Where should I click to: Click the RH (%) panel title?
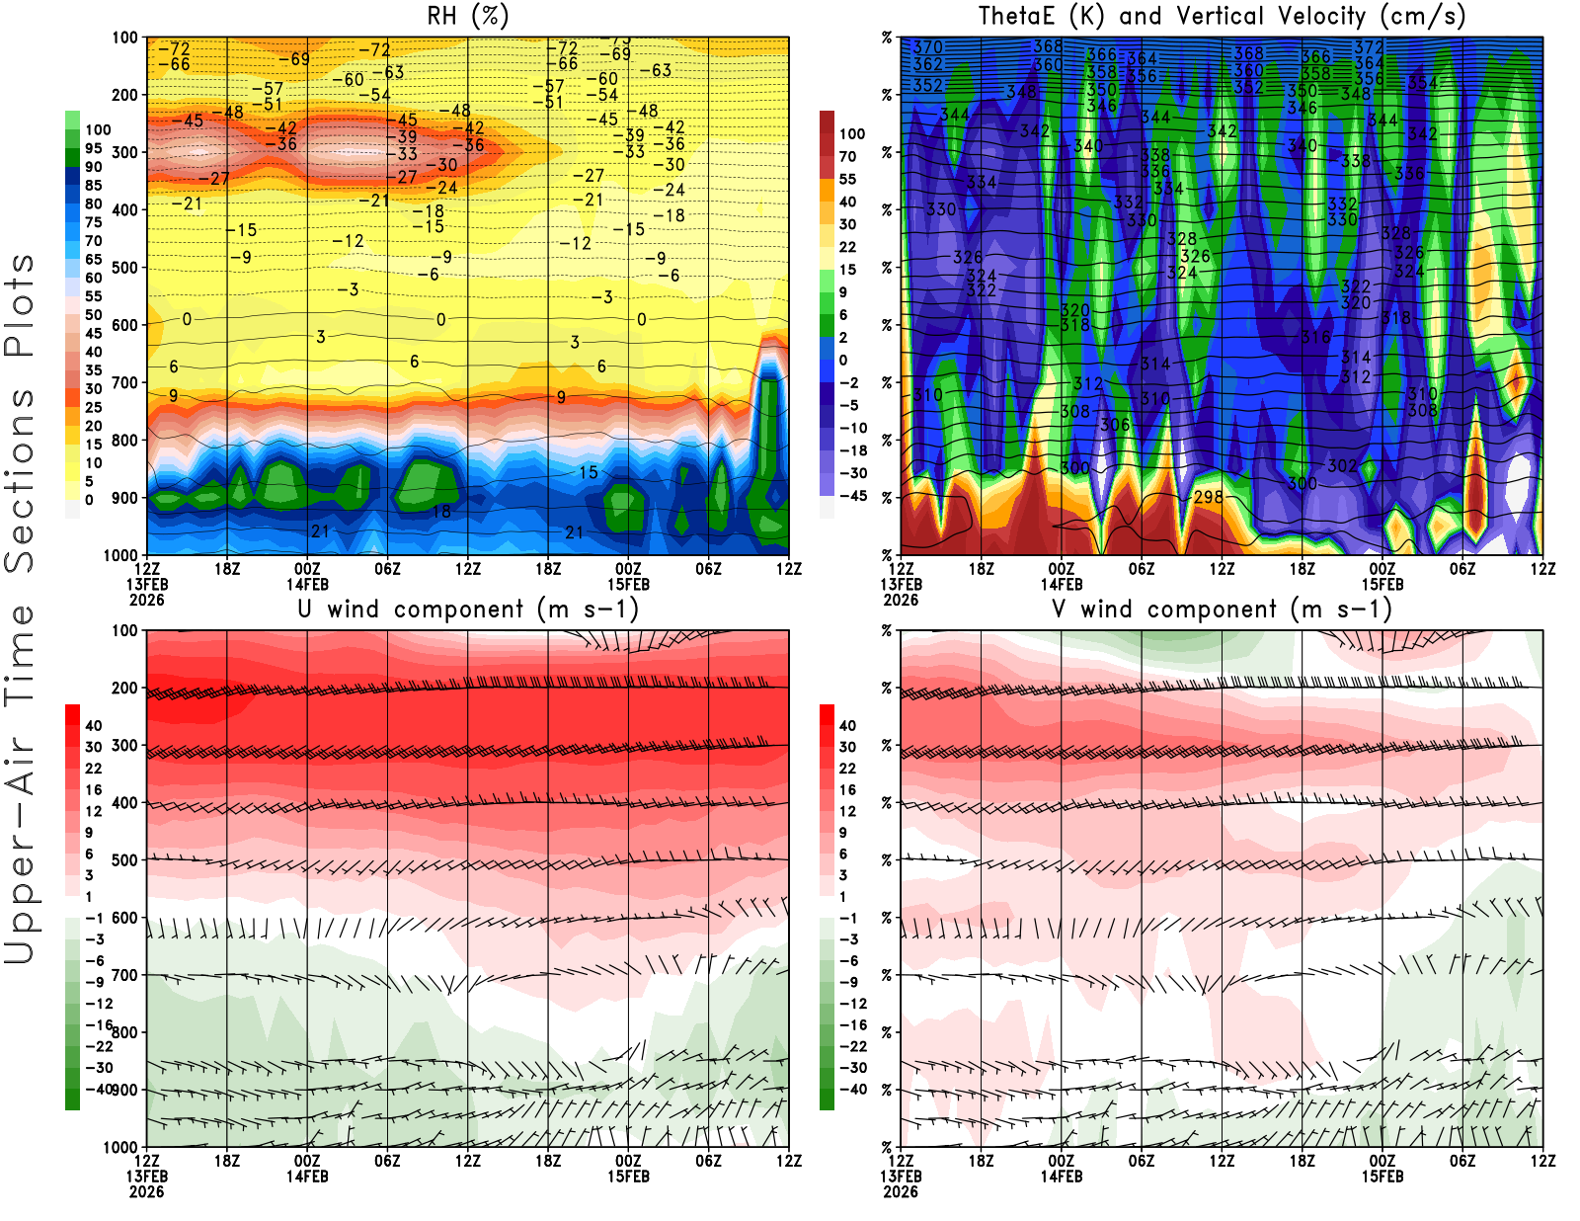pyautogui.click(x=467, y=16)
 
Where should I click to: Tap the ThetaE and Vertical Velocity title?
pyautogui.click(x=1222, y=16)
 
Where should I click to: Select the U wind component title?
pyautogui.click(x=467, y=609)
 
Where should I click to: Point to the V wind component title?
pyautogui.click(x=1222, y=609)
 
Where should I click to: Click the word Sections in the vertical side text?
pyautogui.click(x=20, y=480)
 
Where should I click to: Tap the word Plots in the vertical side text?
pyautogui.click(x=20, y=306)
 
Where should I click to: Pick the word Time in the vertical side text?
pyautogui.click(x=20, y=656)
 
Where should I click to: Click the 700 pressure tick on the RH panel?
pyautogui.click(x=125, y=382)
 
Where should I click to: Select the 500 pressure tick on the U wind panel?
pyautogui.click(x=125, y=860)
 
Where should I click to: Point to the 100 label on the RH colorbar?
pyautogui.click(x=98, y=129)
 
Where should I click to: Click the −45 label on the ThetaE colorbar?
pyautogui.click(x=852, y=496)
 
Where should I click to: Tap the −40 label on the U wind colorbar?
pyautogui.click(x=98, y=1089)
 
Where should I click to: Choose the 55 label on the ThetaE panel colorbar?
pyautogui.click(x=847, y=179)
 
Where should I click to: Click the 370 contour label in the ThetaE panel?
pyautogui.click(x=927, y=46)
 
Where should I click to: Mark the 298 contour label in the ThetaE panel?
pyautogui.click(x=1209, y=496)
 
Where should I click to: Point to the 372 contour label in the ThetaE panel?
pyautogui.click(x=1369, y=46)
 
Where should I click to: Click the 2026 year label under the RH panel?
pyautogui.click(x=146, y=600)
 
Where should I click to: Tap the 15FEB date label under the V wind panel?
pyautogui.click(x=1382, y=1177)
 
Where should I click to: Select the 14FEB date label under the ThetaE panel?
pyautogui.click(x=1062, y=584)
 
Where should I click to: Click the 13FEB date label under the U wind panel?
pyautogui.click(x=146, y=1177)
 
